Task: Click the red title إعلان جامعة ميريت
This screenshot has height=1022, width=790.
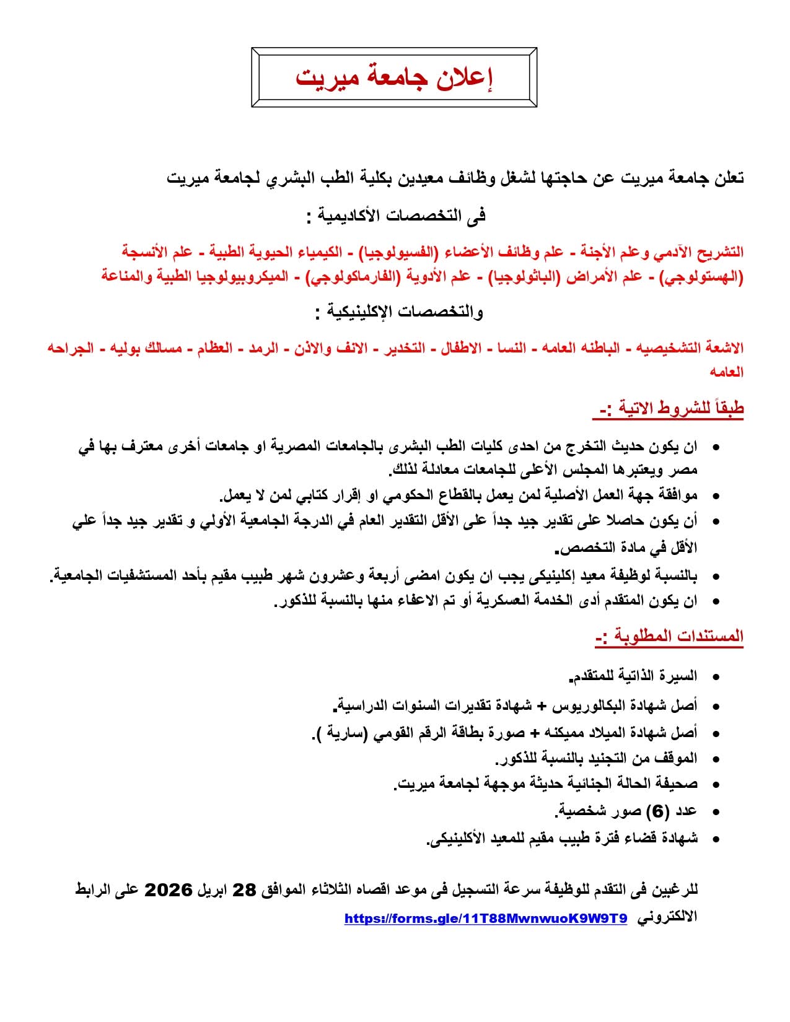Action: (x=394, y=77)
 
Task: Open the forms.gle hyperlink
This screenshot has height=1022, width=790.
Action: (x=486, y=919)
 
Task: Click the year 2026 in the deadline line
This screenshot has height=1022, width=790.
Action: (x=169, y=890)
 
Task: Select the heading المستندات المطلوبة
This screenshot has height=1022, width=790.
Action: (x=669, y=636)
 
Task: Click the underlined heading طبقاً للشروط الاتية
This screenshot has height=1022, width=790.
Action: (x=672, y=408)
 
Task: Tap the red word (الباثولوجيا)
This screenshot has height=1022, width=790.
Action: (x=527, y=277)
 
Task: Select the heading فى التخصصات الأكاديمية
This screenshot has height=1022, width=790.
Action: (x=396, y=216)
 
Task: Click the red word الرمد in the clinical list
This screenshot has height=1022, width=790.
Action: (x=263, y=348)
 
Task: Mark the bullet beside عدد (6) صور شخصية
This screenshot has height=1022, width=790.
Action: (x=716, y=812)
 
